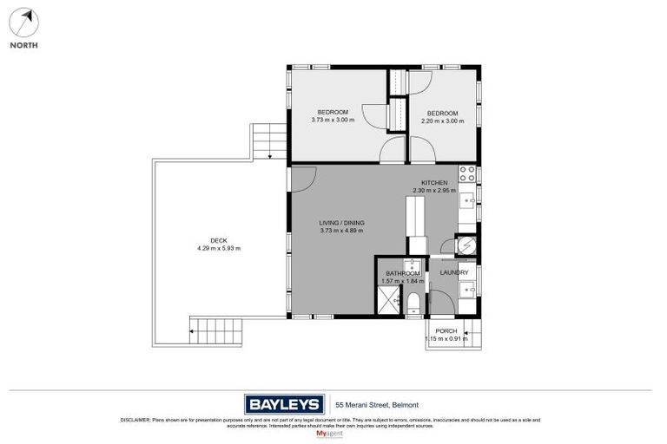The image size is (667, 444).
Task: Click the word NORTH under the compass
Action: [24, 45]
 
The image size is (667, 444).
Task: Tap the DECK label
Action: [218, 240]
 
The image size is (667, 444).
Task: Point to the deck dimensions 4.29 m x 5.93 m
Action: [218, 248]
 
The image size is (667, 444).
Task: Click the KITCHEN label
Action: [434, 183]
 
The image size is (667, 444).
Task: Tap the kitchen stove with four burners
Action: [466, 173]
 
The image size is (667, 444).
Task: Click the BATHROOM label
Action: [403, 274]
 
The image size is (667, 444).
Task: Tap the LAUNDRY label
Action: [453, 273]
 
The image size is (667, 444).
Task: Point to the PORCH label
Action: [446, 330]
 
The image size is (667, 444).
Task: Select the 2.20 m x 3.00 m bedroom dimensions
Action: [441, 121]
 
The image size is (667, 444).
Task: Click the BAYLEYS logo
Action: [282, 404]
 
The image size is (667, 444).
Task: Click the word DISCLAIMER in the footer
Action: [136, 420]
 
